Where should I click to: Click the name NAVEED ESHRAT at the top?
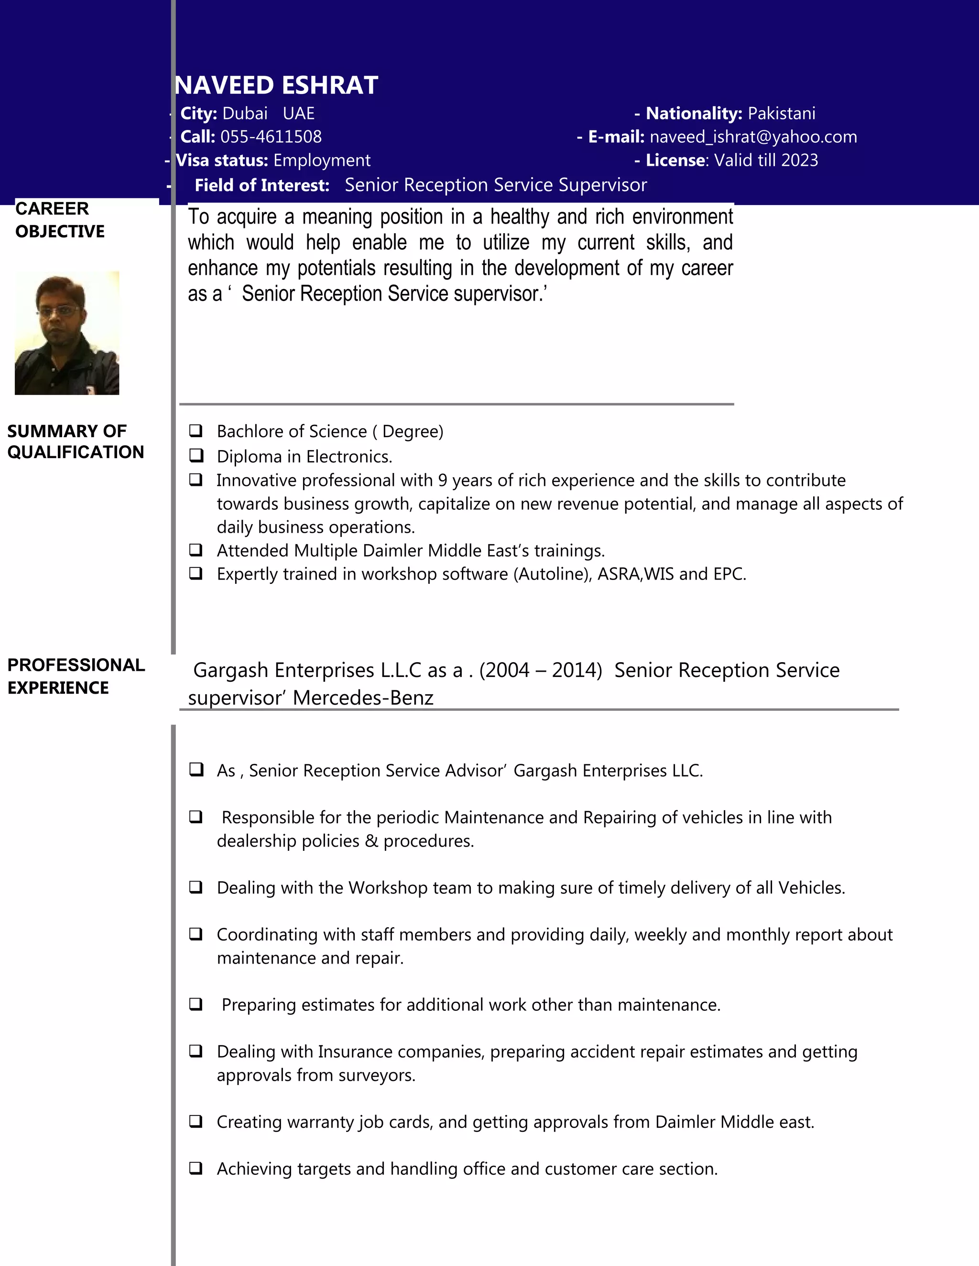[277, 85]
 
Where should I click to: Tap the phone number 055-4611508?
[271, 137]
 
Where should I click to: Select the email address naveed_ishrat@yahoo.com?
[753, 137]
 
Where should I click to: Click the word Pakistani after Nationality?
[781, 113]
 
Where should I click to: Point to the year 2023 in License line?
[799, 160]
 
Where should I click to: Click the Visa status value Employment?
[322, 160]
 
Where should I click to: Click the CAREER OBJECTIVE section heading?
[59, 220]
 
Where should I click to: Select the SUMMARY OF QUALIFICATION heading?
[76, 442]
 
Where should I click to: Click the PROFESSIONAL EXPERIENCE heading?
[76, 676]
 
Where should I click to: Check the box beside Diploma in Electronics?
[196, 456]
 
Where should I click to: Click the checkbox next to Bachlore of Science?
[196, 431]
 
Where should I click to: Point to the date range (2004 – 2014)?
[541, 670]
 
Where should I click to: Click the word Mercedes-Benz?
[363, 697]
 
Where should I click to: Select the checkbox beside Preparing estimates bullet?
[196, 1004]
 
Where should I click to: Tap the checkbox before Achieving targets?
[196, 1168]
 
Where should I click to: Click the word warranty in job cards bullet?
[321, 1122]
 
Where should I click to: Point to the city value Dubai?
[245, 113]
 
